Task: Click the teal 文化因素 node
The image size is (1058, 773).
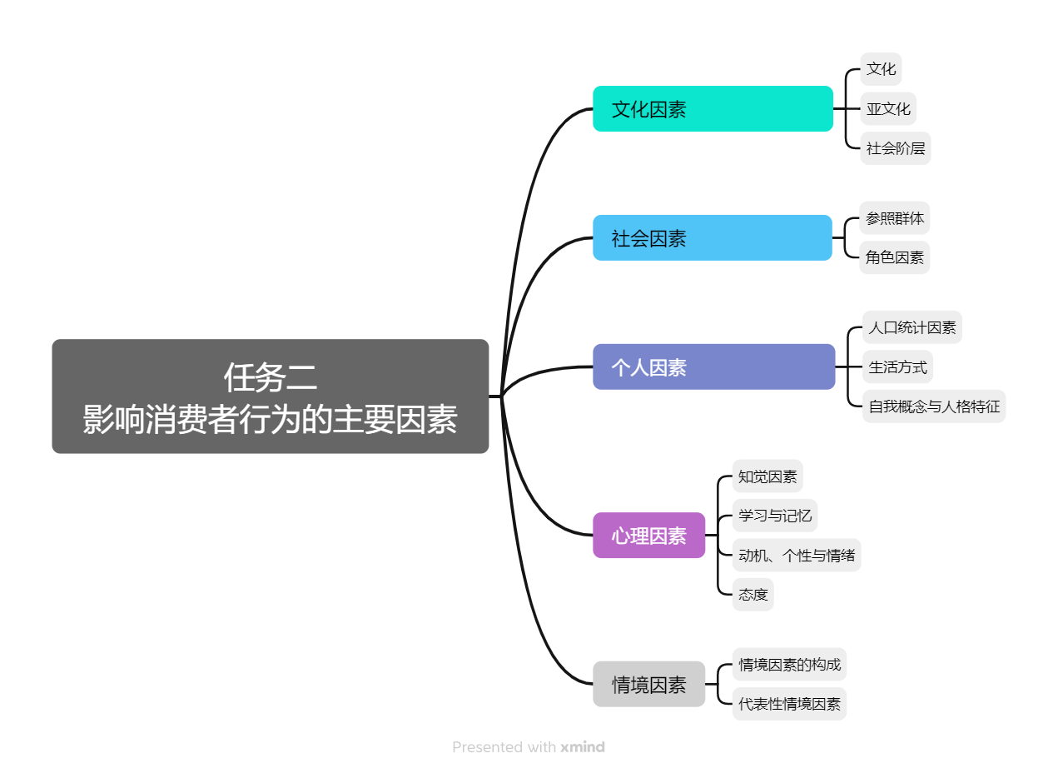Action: [x=713, y=109]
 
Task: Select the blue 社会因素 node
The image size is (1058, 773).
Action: [x=713, y=238]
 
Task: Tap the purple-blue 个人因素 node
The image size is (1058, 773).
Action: [x=713, y=367]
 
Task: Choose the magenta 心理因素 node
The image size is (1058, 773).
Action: [x=648, y=536]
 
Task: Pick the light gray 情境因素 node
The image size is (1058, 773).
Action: [x=648, y=685]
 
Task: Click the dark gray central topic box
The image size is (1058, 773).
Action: [x=270, y=396]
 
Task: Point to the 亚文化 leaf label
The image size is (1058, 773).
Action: [x=888, y=109]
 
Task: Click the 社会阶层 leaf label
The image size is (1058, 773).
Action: [x=895, y=149]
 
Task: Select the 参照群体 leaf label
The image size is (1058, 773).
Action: [x=895, y=218]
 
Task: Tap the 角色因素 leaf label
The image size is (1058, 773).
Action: [x=895, y=257]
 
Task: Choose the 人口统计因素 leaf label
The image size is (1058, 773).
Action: [x=912, y=327]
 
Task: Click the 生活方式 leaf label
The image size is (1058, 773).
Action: [x=897, y=367]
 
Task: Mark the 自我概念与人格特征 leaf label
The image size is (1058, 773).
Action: [x=934, y=406]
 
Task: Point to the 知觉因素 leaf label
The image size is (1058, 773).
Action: [x=767, y=476]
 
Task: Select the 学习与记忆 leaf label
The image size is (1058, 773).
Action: [x=775, y=516]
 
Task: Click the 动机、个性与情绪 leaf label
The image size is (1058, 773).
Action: [x=797, y=555]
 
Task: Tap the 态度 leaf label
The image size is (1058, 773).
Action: [x=753, y=595]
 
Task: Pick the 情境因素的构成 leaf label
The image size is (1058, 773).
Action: [x=789, y=665]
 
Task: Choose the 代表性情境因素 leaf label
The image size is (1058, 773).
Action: [x=789, y=704]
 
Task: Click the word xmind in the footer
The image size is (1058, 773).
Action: [x=583, y=747]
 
